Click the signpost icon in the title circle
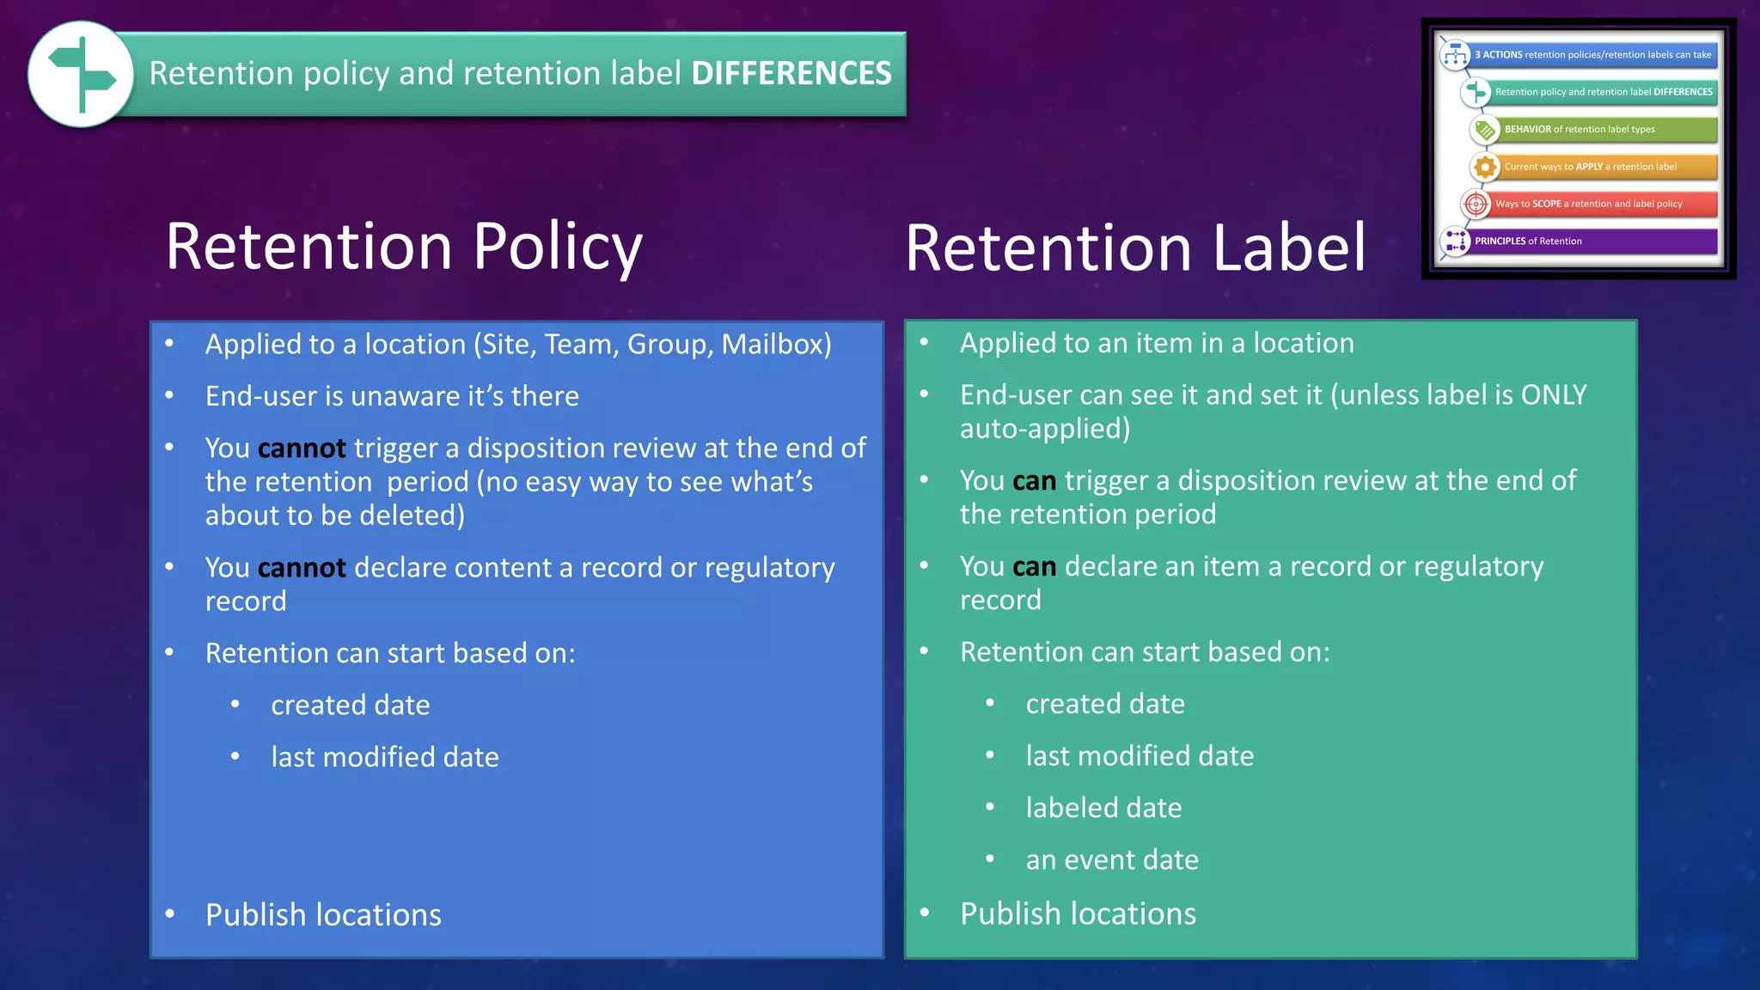pyautogui.click(x=81, y=75)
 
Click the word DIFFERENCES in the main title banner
pyautogui.click(x=791, y=74)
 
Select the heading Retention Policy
pyautogui.click(x=404, y=247)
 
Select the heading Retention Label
pyautogui.click(x=1135, y=248)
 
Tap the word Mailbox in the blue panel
pyautogui.click(x=772, y=345)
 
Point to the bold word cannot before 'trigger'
pyautogui.click(x=302, y=449)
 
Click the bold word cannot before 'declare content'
pyautogui.click(x=302, y=568)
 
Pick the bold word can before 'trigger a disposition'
pyautogui.click(x=1034, y=481)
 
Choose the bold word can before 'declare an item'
pyautogui.click(x=1034, y=567)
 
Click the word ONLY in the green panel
pyautogui.click(x=1554, y=395)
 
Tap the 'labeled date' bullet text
pyautogui.click(x=1103, y=809)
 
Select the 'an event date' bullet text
pyautogui.click(x=1112, y=860)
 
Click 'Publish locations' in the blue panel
pyautogui.click(x=323, y=915)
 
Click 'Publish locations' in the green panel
pyautogui.click(x=1078, y=914)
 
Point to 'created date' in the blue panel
pyautogui.click(x=351, y=706)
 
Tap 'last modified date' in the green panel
pyautogui.click(x=1140, y=756)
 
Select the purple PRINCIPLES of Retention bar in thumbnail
pyautogui.click(x=1594, y=241)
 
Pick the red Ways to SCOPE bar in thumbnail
pyautogui.click(x=1604, y=205)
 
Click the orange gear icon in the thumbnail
pyautogui.click(x=1484, y=167)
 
